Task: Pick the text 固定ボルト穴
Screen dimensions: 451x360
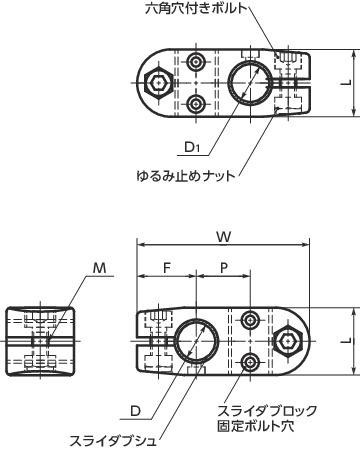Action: tap(258, 426)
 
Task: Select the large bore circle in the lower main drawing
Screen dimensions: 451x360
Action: tap(197, 340)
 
